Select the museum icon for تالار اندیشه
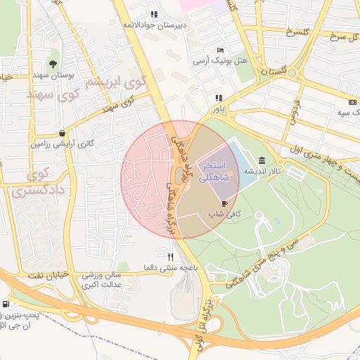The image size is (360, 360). (x=262, y=160)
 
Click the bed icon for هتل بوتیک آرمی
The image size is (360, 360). (x=221, y=51)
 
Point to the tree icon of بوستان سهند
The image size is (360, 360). (x=54, y=64)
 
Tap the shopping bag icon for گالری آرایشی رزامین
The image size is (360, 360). (x=63, y=133)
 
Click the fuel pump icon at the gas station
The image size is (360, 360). (x=6, y=304)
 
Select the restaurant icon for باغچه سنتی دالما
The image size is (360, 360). (x=169, y=257)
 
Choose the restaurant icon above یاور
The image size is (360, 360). (x=219, y=98)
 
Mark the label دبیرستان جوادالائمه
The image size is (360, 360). (x=155, y=25)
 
